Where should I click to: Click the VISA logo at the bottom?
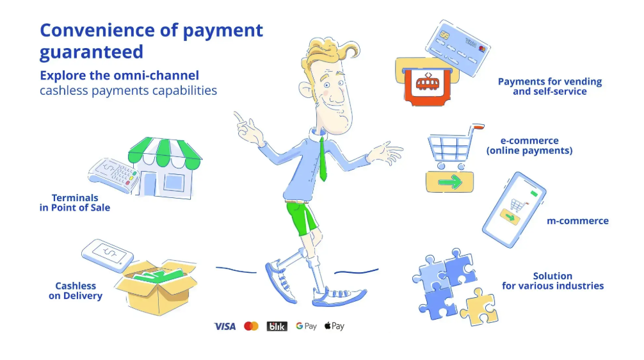click(225, 326)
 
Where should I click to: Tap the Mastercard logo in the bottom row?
click(251, 326)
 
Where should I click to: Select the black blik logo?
click(277, 326)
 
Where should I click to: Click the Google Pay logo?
click(307, 326)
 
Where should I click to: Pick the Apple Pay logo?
click(334, 326)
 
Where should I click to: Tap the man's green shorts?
click(301, 217)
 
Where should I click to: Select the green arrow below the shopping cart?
click(450, 182)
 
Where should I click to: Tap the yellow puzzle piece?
click(479, 307)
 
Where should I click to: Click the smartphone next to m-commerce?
click(514, 209)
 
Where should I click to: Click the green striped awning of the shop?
click(165, 153)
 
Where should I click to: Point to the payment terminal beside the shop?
click(114, 175)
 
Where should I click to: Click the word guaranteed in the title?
click(91, 53)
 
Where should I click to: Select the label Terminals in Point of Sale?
click(75, 202)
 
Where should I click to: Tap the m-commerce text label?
click(577, 221)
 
